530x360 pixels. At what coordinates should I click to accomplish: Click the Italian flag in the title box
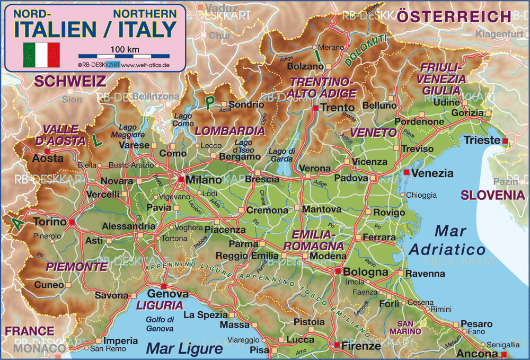click(x=41, y=55)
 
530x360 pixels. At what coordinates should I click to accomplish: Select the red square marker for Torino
click(x=72, y=222)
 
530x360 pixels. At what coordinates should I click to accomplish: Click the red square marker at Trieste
click(x=505, y=141)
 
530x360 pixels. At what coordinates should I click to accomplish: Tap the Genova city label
click(x=167, y=294)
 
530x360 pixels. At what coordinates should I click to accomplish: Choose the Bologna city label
click(x=366, y=272)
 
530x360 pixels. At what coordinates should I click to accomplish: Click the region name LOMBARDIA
click(x=223, y=130)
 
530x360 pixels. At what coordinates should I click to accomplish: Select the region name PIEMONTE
click(x=76, y=266)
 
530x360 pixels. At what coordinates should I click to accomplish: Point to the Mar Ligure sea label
click(x=184, y=348)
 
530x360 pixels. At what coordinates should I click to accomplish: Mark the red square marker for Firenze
click(x=337, y=346)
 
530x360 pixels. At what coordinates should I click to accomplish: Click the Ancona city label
click(x=479, y=354)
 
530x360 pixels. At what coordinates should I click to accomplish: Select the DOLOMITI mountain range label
click(x=366, y=52)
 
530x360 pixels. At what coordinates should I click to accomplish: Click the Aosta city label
click(x=45, y=158)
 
